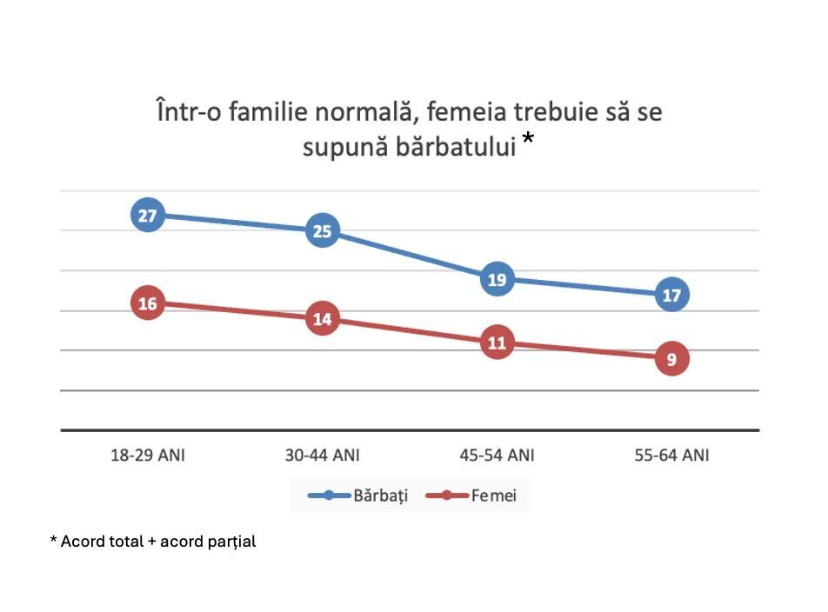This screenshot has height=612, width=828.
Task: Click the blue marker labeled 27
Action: pyautogui.click(x=148, y=215)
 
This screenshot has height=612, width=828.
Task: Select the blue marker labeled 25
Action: pyautogui.click(x=323, y=231)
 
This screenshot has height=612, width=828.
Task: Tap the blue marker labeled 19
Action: pyautogui.click(x=497, y=279)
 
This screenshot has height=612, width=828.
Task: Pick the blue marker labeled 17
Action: pyautogui.click(x=671, y=295)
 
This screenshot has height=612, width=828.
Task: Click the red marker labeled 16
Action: pyautogui.click(x=148, y=303)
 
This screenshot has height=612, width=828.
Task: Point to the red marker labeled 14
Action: pyautogui.click(x=323, y=319)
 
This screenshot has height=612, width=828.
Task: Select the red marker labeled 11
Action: pyautogui.click(x=497, y=343)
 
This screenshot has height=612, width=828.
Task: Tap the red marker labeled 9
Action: pyautogui.click(x=671, y=358)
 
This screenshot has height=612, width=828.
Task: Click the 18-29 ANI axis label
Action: pyautogui.click(x=148, y=455)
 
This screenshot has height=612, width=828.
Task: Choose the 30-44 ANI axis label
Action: pyautogui.click(x=323, y=455)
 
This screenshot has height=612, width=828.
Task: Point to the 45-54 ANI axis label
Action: pyautogui.click(x=497, y=455)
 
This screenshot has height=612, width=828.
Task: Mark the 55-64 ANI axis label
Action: pyautogui.click(x=671, y=455)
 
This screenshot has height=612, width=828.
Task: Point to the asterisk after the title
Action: pyautogui.click(x=528, y=141)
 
